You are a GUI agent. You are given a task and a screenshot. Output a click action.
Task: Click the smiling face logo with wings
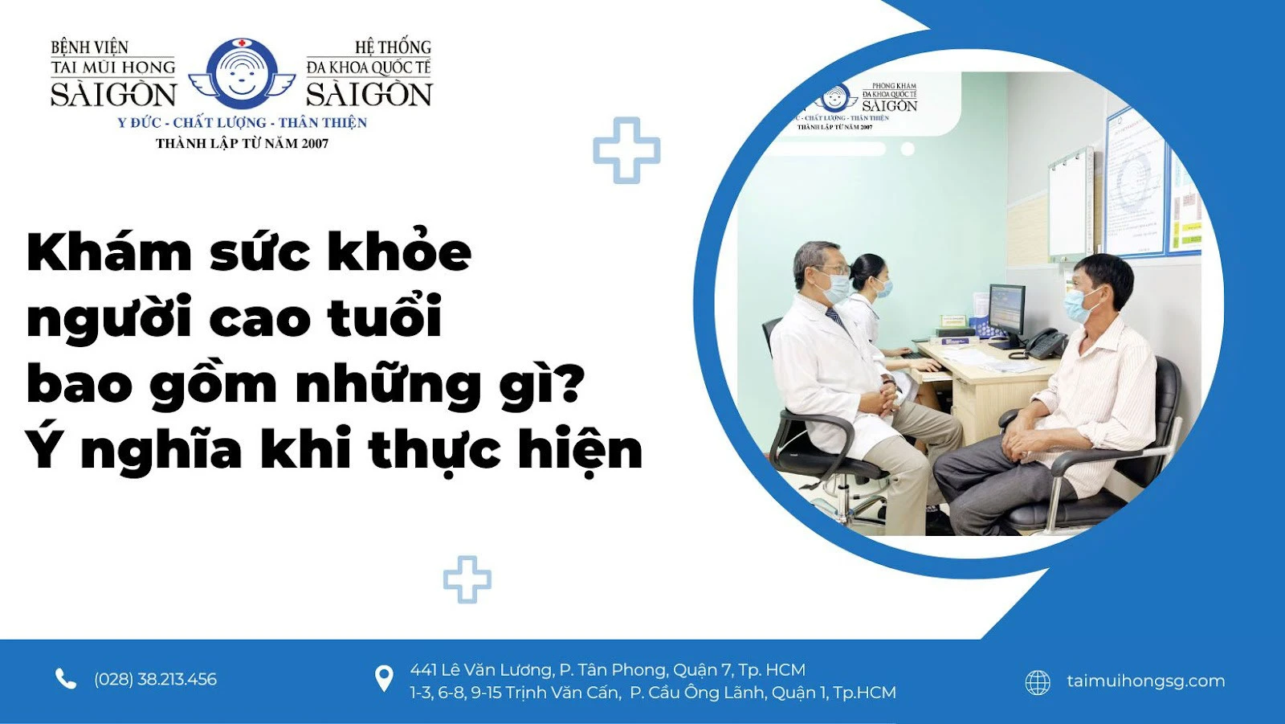[241, 74]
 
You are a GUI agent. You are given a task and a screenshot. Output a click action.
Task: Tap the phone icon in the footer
[65, 679]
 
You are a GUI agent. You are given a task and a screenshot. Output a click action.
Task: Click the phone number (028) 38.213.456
[155, 679]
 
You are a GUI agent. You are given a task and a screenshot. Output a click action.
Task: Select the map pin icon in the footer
[384, 679]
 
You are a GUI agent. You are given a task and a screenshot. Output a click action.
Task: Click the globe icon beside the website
[1038, 682]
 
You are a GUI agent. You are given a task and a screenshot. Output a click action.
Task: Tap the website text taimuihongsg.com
[1145, 681]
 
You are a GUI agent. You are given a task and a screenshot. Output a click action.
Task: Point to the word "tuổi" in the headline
[385, 317]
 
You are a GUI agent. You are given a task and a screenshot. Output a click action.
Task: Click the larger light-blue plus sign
[626, 150]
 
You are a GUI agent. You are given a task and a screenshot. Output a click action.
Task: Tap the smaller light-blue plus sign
[467, 579]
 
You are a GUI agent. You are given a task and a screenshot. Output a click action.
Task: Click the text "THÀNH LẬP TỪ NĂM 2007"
[242, 143]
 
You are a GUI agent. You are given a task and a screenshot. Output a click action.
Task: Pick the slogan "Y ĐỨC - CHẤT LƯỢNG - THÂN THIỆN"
[242, 122]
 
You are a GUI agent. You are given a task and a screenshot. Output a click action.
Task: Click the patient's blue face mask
[1079, 305]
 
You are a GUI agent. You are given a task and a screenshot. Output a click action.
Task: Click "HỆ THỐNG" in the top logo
[393, 47]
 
